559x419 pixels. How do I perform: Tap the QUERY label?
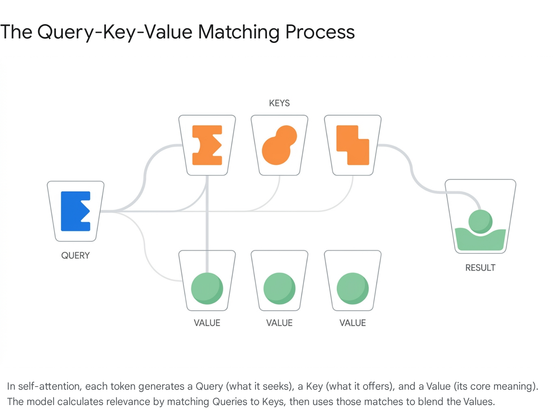tap(75, 256)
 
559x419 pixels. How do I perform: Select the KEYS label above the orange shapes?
tap(279, 103)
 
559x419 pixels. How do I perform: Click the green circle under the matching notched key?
tap(207, 288)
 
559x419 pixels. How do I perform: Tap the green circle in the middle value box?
tap(279, 288)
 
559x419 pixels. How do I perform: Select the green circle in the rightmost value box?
tap(353, 288)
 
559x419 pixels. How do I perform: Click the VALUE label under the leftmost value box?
tap(207, 323)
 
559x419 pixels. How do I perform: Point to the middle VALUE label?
tap(279, 323)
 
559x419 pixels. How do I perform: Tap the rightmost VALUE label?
tap(353, 323)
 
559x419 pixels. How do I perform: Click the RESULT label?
tap(480, 267)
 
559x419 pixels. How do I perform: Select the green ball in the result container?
tap(480, 222)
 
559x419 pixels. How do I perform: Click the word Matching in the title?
tap(239, 32)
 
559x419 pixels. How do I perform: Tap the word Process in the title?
tap(320, 32)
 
